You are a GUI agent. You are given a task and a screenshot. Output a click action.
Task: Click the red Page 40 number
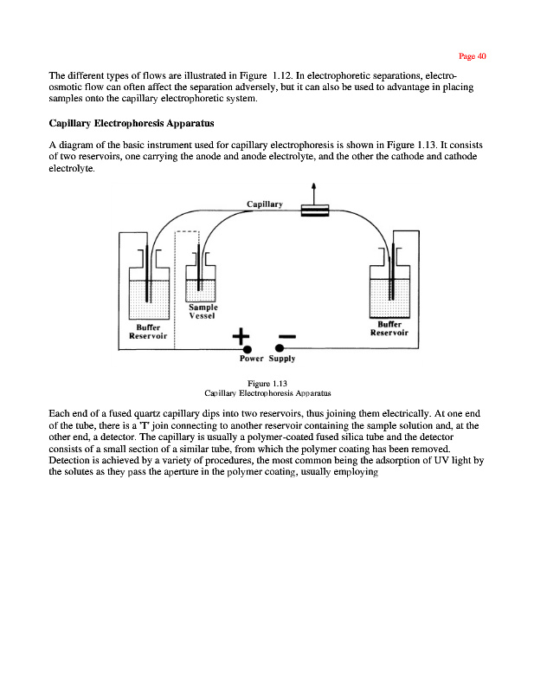(x=473, y=56)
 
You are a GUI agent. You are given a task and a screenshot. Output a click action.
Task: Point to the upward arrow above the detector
(x=312, y=190)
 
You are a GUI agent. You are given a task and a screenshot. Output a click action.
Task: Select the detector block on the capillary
(x=313, y=210)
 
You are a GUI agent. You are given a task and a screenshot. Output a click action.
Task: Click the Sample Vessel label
(x=203, y=313)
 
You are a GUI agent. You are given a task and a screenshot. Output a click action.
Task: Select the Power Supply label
(x=267, y=358)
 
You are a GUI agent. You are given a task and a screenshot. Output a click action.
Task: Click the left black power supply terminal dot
(x=248, y=348)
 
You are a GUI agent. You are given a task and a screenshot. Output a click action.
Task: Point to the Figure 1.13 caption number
(x=267, y=383)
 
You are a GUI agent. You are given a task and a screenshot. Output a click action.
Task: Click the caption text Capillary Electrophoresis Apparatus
(x=267, y=392)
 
